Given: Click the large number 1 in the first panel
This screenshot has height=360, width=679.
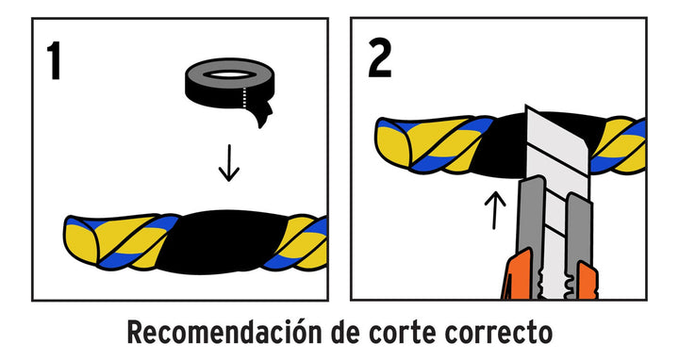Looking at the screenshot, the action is [x=54, y=60].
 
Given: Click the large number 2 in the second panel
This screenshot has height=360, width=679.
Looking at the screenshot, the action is [x=379, y=57].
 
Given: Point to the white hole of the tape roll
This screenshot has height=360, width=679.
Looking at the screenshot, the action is [x=229, y=74].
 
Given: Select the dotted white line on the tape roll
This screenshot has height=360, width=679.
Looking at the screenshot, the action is [x=244, y=97].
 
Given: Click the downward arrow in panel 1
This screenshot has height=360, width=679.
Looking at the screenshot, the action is [x=229, y=163].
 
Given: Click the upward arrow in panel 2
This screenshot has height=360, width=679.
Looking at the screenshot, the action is [x=494, y=210].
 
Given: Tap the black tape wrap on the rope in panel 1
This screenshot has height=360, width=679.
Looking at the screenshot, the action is [x=221, y=241].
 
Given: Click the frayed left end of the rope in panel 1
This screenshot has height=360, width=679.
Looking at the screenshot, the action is [x=81, y=239].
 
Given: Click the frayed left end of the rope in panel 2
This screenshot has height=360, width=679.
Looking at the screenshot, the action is [x=393, y=143].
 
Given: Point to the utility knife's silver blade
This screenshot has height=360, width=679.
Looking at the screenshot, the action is [x=556, y=147].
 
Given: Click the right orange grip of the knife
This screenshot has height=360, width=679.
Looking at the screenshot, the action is [x=588, y=281].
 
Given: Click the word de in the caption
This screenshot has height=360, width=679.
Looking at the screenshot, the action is [x=345, y=332].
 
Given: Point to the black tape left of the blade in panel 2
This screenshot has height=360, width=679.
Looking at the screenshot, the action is [x=498, y=146].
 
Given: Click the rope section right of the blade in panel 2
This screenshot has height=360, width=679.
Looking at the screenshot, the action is [x=620, y=145].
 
